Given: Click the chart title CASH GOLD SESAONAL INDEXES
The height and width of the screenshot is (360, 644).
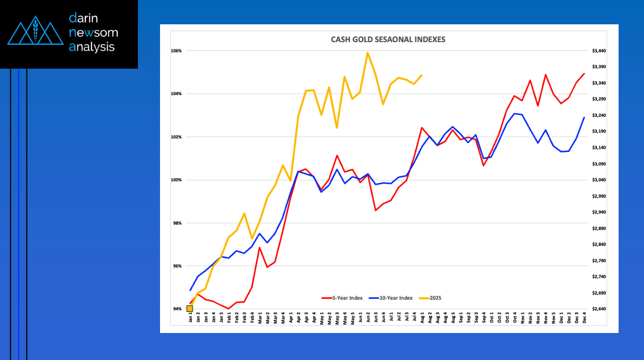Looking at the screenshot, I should click(388, 39).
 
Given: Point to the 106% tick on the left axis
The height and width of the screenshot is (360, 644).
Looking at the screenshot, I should click(176, 51).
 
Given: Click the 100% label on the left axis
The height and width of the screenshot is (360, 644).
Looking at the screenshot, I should click(176, 180).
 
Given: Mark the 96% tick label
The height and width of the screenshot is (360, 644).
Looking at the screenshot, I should click(177, 266).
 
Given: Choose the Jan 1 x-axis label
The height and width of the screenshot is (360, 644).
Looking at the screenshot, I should click(191, 318).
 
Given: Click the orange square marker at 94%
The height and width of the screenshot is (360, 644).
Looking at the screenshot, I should click(190, 309).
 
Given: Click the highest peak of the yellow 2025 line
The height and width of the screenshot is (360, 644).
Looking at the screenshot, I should click(368, 52).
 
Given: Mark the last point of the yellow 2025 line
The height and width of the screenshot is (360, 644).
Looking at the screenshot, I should click(422, 75).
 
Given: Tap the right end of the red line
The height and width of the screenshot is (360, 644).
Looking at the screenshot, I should click(585, 74).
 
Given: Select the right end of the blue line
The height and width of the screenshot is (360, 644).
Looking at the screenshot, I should click(585, 117).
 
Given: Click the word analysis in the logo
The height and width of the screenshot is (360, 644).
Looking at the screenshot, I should click(92, 47).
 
